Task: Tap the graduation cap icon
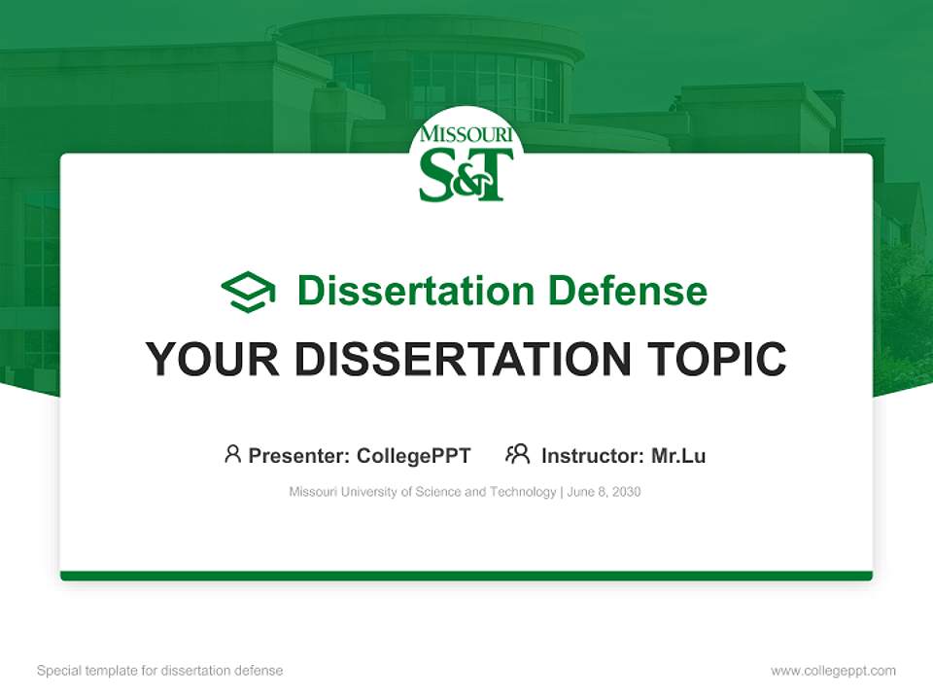tap(248, 291)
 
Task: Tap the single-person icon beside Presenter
tap(232, 454)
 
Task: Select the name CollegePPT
tap(414, 456)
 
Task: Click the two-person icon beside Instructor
tap(517, 454)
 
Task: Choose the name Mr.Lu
tap(678, 456)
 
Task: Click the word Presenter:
tap(299, 456)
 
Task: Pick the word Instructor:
tap(592, 456)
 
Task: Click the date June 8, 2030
tap(604, 492)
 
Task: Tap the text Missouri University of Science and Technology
tap(422, 492)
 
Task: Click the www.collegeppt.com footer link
tap(833, 671)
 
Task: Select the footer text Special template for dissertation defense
tap(160, 671)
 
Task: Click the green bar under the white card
tap(466, 576)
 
